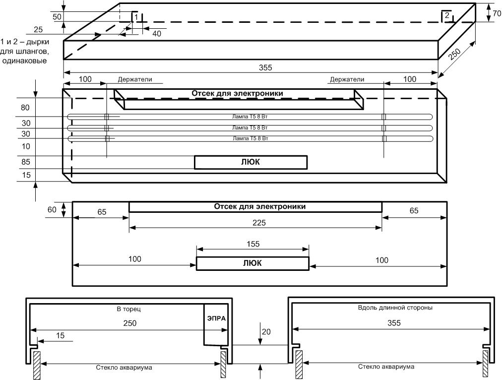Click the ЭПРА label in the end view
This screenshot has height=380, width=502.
(x=216, y=318)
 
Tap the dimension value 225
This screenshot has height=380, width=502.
(x=259, y=223)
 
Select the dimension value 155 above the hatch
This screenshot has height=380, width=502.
(x=253, y=244)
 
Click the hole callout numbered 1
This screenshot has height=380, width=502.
(x=136, y=17)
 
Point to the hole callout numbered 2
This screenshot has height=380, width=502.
(x=447, y=15)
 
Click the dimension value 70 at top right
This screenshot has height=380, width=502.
(x=497, y=14)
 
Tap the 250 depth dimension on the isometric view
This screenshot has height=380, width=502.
(x=454, y=54)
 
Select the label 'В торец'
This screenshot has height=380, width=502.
(x=128, y=309)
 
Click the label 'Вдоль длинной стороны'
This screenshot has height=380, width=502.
(x=395, y=308)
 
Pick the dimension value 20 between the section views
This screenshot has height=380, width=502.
(x=266, y=332)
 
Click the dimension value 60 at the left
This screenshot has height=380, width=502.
(x=52, y=210)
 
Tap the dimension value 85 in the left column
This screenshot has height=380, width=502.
(x=26, y=162)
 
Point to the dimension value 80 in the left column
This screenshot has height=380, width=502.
(x=25, y=108)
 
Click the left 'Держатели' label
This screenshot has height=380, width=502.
(x=135, y=79)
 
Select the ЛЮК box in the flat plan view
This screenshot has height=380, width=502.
(x=252, y=263)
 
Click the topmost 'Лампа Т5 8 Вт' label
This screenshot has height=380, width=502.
(x=250, y=117)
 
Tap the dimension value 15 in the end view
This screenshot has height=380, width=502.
(x=60, y=335)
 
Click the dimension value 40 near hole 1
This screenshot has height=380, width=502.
(x=157, y=34)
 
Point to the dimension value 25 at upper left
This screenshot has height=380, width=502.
(x=38, y=29)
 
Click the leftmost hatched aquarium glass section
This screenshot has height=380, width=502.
(x=37, y=365)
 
